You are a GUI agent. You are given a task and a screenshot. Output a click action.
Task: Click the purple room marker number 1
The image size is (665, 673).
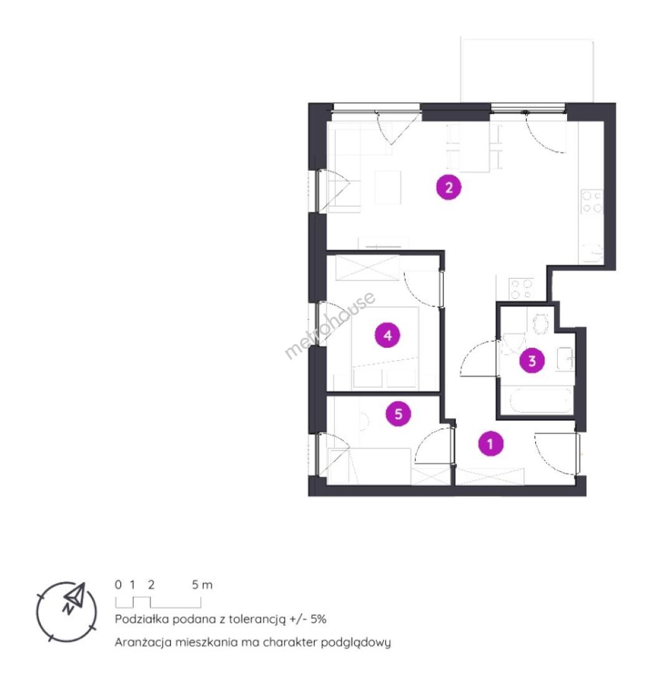(x=490, y=444)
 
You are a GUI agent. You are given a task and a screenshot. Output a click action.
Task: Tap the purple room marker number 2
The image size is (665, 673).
(x=449, y=188)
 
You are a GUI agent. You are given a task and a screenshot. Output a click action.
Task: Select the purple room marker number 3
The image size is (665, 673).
(x=532, y=361)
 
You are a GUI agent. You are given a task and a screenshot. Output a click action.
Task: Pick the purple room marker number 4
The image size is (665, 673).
(x=387, y=335)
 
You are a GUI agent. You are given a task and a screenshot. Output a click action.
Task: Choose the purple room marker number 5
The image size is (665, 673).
(x=399, y=414)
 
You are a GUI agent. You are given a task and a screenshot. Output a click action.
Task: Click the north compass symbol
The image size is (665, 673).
(x=67, y=611)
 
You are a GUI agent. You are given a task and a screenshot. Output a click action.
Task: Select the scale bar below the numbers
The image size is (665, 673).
(x=158, y=603)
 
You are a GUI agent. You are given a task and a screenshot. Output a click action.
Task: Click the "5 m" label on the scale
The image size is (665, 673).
(x=202, y=585)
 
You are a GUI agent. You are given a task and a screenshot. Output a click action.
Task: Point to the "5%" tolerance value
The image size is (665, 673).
(x=318, y=619)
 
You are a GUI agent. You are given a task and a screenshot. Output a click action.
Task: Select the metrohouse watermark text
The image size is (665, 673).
(x=329, y=325)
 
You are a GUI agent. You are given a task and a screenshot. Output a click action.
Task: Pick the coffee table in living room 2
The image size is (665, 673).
(x=387, y=187)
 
